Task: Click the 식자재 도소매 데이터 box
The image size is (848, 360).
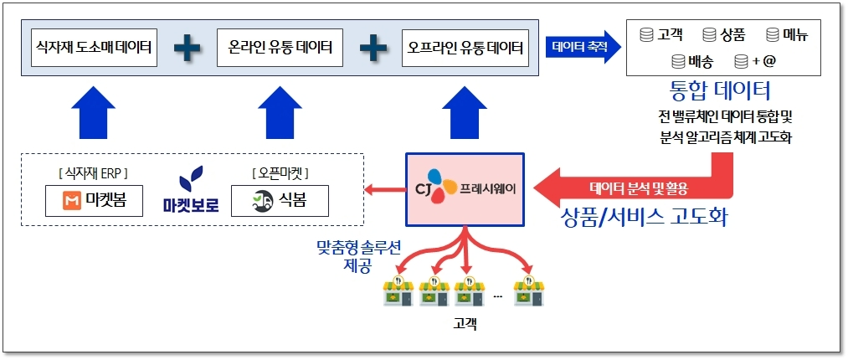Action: pos(93,49)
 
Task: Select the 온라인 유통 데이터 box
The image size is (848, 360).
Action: pos(280,49)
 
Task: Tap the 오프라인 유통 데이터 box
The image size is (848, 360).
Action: pos(465,49)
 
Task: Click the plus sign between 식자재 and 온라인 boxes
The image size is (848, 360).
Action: pos(187,49)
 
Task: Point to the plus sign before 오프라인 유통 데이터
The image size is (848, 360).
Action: pos(373,49)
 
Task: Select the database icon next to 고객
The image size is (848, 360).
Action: pos(645,35)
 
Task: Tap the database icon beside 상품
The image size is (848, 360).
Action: pos(709,35)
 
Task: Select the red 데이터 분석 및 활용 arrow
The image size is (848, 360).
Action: pos(645,187)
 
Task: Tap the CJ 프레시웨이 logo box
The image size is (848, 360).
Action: pos(465,188)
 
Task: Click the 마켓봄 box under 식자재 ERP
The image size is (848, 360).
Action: pos(93,201)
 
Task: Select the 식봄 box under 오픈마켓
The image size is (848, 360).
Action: pos(280,201)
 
